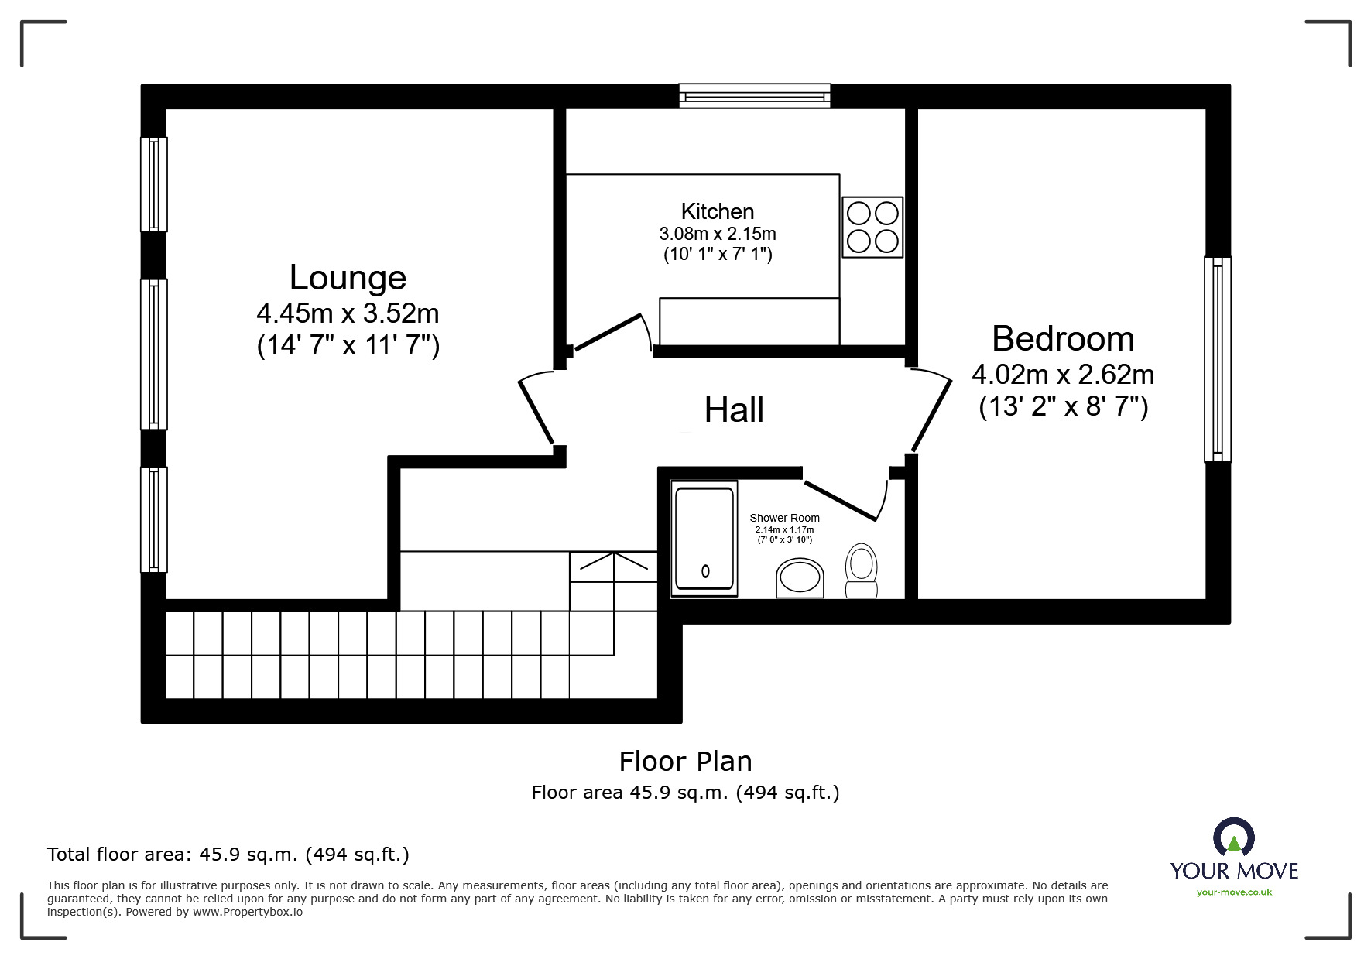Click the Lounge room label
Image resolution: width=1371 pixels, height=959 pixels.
348,278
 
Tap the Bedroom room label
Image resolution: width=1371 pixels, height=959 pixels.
1063,339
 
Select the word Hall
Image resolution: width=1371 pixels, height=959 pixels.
734,410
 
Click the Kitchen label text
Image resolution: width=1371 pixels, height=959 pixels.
718,211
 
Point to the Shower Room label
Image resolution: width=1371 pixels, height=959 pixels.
784,518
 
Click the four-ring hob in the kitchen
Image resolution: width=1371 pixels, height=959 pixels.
872,227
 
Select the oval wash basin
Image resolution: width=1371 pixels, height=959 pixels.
800,577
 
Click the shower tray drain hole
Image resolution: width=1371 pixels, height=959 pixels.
705,572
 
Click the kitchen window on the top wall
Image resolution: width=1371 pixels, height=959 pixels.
755,95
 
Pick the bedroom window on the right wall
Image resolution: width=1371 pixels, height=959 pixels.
1218,359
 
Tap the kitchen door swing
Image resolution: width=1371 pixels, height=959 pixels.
612,334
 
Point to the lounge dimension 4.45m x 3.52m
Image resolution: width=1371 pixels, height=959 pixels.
348,313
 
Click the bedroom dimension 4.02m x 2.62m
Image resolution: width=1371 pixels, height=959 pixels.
1063,375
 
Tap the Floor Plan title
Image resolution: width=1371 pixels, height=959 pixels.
686,762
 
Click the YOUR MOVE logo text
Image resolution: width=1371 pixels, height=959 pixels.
1234,871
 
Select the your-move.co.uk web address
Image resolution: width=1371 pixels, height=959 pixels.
1234,892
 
